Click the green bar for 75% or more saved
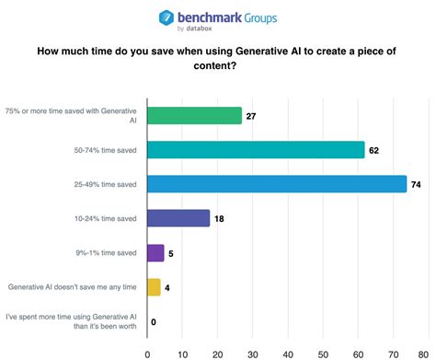tap(194, 115)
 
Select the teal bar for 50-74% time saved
tap(256, 149)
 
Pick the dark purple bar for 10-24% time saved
tap(178, 217)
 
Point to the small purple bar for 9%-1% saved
tap(155, 252)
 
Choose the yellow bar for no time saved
tap(154, 286)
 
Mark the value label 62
tap(374, 150)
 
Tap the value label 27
tap(252, 116)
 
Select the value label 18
tap(221, 218)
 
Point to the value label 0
tap(155, 321)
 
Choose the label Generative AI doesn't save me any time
tap(73, 287)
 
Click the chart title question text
tap(218, 60)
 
